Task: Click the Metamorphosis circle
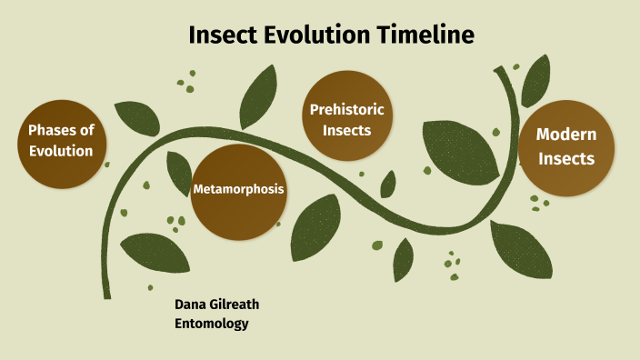(x=239, y=190)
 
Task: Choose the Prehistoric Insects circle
(x=346, y=119)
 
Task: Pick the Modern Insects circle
(x=565, y=146)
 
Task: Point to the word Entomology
(x=211, y=323)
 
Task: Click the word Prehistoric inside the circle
(x=346, y=109)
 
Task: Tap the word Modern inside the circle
(x=565, y=135)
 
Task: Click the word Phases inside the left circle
(x=61, y=130)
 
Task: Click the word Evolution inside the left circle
(x=61, y=151)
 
